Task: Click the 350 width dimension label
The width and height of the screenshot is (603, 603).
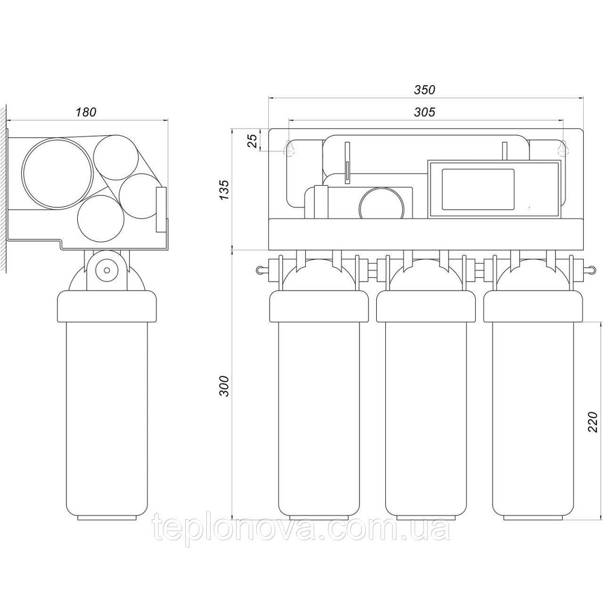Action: click(425, 89)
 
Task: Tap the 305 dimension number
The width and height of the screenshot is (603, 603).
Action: click(425, 112)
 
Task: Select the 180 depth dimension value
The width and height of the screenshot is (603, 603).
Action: click(86, 112)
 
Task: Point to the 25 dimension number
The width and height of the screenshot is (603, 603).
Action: click(252, 141)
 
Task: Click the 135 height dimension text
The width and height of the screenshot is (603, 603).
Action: click(224, 189)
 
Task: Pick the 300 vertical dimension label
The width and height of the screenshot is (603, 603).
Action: click(224, 386)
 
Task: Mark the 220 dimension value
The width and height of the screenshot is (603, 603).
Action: click(593, 421)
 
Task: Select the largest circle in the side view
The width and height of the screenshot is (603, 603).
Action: click(58, 173)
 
